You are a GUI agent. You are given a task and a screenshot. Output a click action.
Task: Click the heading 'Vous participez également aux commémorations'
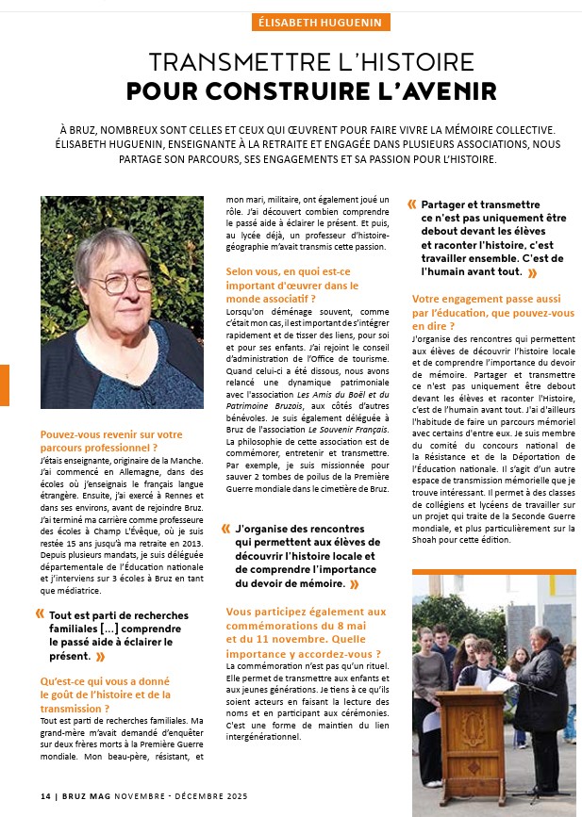307,632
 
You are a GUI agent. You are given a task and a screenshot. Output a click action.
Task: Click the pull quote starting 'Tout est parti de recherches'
118,635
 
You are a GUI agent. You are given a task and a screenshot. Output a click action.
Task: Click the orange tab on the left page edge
4,386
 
